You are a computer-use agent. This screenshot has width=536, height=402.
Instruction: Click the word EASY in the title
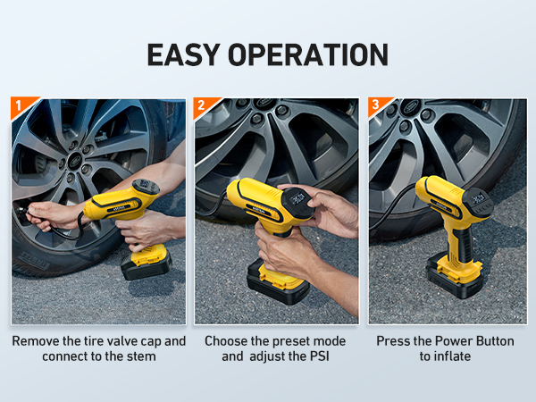pos(183,54)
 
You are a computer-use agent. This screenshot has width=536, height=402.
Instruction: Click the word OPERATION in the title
pos(308,54)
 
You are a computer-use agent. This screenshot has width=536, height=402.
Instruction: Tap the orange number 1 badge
pos(21,106)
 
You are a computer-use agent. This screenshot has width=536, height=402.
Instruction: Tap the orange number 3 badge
pos(378,106)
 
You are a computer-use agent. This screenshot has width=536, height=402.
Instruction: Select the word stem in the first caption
pos(141,356)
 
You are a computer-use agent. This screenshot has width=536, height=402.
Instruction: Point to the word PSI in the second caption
pos(319,356)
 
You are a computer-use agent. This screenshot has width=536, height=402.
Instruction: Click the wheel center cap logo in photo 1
pos(75,161)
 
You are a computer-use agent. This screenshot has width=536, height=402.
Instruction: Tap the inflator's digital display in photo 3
pos(478,198)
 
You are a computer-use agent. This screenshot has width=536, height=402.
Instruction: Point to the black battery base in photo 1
pos(147,266)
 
